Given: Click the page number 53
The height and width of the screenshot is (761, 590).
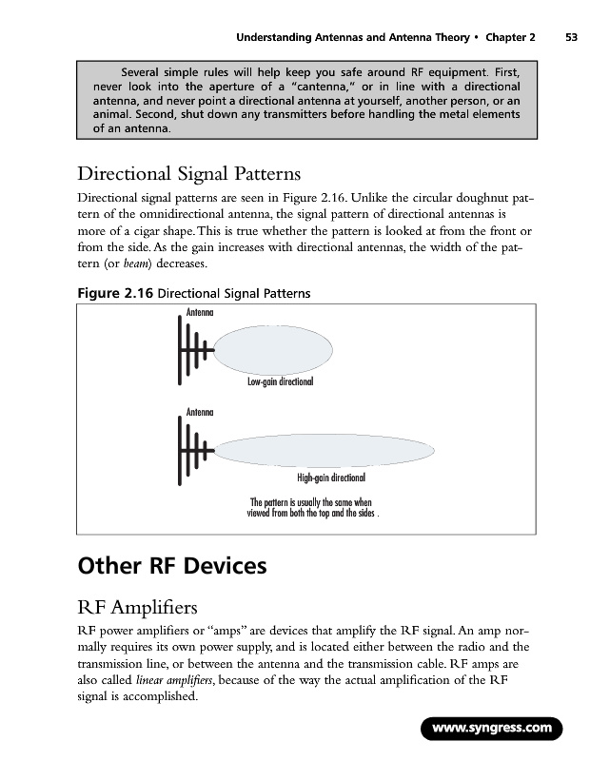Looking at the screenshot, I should point(572,38).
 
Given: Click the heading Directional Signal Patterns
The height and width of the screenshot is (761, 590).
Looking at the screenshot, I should point(187,174).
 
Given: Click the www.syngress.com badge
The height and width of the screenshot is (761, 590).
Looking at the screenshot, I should point(491,729).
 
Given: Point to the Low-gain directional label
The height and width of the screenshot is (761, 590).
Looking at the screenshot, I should point(280,381).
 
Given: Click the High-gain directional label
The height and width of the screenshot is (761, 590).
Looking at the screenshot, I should point(331,477).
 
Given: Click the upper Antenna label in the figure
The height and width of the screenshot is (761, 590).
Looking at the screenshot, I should point(199,312).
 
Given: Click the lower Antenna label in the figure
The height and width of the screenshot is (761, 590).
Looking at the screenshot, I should point(199,412).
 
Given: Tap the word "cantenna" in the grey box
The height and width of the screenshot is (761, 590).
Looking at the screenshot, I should point(316,86).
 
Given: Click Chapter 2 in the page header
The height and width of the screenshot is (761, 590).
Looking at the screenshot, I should point(510,38).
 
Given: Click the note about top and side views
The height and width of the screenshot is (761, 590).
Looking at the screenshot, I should point(311,507).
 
